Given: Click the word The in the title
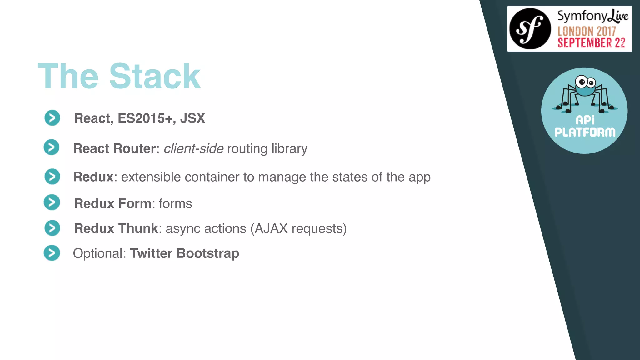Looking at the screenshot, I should tap(68, 76).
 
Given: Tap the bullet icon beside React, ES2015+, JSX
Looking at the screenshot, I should tap(52, 118).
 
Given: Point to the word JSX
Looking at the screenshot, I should tap(192, 118).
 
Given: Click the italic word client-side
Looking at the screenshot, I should tap(193, 148).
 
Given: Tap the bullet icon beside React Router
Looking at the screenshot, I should tap(52, 147).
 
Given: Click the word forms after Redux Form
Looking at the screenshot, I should tap(175, 204).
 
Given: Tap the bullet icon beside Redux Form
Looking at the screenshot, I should tap(52, 202).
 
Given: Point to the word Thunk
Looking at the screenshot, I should tap(138, 228).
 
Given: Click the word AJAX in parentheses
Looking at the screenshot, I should tap(271, 228).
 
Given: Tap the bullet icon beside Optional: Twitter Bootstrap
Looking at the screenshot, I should tap(52, 253).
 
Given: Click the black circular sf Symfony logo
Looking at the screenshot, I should tap(530, 29).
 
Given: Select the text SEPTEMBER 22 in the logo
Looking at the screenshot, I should tap(591, 43).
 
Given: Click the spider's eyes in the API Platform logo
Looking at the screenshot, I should tap(586, 82).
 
